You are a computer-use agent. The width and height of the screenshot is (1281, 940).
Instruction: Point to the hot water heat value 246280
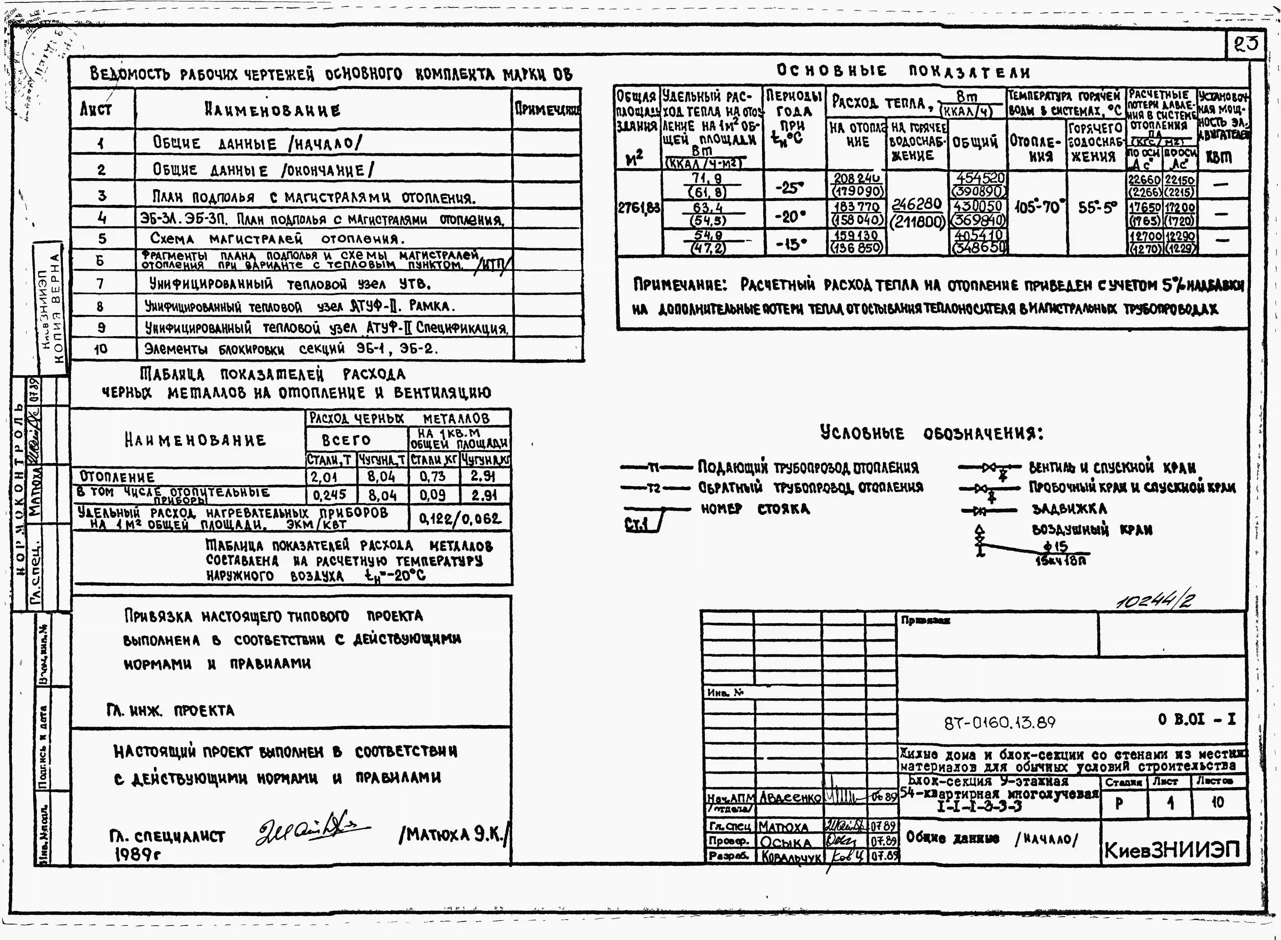pyautogui.click(x=917, y=204)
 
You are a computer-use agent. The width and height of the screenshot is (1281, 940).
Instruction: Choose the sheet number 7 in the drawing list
pyautogui.click(x=101, y=283)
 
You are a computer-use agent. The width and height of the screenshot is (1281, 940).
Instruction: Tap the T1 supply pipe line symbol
pyautogui.click(x=655, y=468)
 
